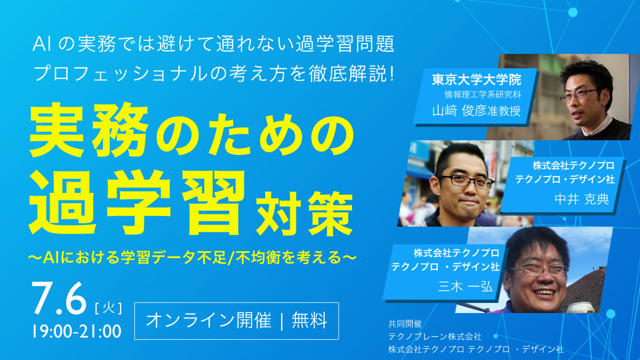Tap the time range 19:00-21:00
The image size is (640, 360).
[77, 331]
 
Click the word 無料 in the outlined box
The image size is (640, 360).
[309, 321]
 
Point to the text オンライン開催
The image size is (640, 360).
[209, 321]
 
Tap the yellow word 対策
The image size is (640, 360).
[305, 214]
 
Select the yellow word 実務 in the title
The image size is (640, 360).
[89, 130]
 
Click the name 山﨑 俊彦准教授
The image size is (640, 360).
[477, 111]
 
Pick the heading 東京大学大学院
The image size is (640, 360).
[477, 79]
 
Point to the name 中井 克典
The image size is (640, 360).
[582, 199]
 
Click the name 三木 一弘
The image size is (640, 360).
[466, 286]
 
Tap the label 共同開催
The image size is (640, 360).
[405, 324]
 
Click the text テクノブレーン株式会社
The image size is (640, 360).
[435, 337]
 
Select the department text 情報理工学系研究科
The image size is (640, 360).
[483, 94]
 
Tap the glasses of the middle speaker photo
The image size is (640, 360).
[466, 180]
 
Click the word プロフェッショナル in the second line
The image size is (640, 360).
[121, 74]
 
